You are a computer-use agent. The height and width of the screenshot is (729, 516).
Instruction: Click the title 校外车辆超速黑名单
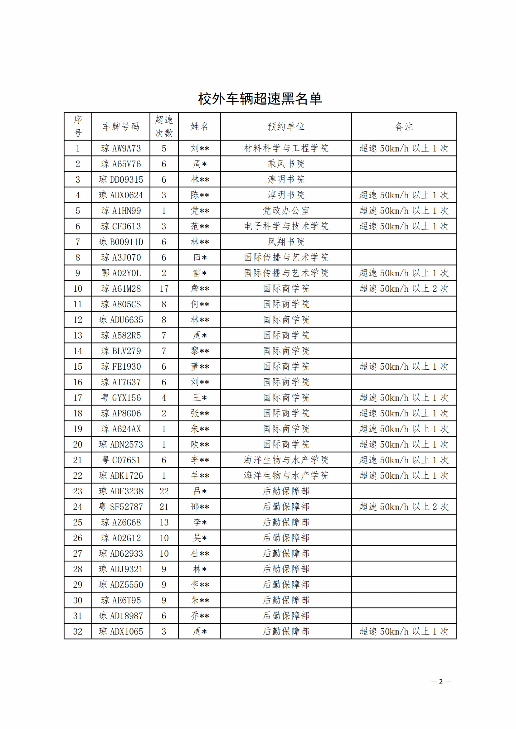pyautogui.click(x=260, y=99)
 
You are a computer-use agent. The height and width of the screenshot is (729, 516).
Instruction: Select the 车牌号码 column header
pyautogui.click(x=121, y=127)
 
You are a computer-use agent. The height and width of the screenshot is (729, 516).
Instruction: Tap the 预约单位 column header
pyautogui.click(x=286, y=127)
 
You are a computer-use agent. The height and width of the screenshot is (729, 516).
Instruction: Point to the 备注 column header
pyautogui.click(x=404, y=127)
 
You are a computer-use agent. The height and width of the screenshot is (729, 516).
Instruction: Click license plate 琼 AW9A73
pyautogui.click(x=121, y=148)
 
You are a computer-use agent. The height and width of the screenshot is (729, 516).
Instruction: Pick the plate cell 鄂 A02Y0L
pyautogui.click(x=121, y=273)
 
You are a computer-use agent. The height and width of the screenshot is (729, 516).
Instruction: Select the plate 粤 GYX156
pyautogui.click(x=121, y=398)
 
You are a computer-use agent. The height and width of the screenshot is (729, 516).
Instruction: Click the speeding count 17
pyautogui.click(x=164, y=289)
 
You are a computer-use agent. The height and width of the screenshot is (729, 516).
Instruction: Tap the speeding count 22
pyautogui.click(x=164, y=491)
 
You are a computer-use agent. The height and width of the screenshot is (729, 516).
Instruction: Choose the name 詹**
pyautogui.click(x=200, y=289)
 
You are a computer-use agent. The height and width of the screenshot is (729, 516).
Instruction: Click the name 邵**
pyautogui.click(x=200, y=507)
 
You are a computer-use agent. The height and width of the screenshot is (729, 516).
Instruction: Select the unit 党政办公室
pyautogui.click(x=286, y=211)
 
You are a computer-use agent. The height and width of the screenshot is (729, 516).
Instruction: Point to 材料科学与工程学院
pyautogui.click(x=286, y=148)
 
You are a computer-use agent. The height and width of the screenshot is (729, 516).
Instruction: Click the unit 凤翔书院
pyautogui.click(x=286, y=242)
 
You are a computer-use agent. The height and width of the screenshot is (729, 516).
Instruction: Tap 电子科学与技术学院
pyautogui.click(x=286, y=226)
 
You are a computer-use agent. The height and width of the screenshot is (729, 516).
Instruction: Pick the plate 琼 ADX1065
pyautogui.click(x=121, y=631)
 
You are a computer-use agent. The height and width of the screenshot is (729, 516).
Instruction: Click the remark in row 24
pyautogui.click(x=404, y=507)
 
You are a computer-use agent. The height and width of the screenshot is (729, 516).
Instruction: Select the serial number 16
pyautogui.click(x=78, y=382)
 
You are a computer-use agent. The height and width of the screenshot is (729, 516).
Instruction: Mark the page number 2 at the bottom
pyautogui.click(x=441, y=682)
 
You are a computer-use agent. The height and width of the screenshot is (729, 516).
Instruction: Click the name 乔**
pyautogui.click(x=200, y=616)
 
